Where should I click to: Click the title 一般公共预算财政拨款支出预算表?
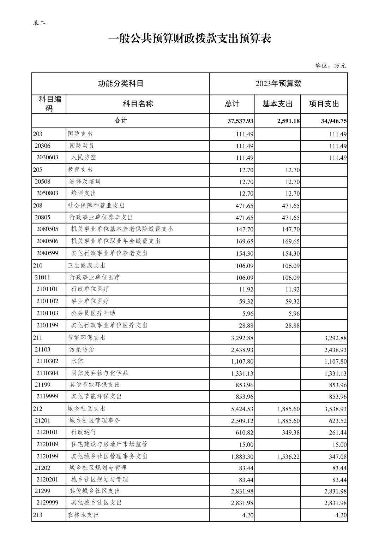(189, 39)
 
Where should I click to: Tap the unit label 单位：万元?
(330, 66)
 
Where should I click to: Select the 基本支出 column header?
(277, 104)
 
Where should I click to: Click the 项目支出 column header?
(324, 104)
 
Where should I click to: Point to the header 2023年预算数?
(278, 84)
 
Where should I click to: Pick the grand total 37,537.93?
(240, 121)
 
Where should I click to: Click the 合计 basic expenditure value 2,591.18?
(289, 121)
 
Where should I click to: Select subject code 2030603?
(47, 158)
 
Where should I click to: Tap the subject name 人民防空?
(84, 158)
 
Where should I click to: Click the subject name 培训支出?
(84, 193)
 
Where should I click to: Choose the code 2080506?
(47, 241)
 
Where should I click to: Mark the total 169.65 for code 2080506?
(245, 241)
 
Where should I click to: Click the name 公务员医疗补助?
(93, 313)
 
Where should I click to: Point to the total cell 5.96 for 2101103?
(247, 313)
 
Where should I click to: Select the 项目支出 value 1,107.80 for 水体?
(335, 361)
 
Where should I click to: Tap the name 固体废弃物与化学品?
(100, 373)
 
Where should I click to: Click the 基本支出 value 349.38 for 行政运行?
(291, 432)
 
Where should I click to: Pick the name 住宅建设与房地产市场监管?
(109, 444)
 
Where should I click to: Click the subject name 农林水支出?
(83, 515)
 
